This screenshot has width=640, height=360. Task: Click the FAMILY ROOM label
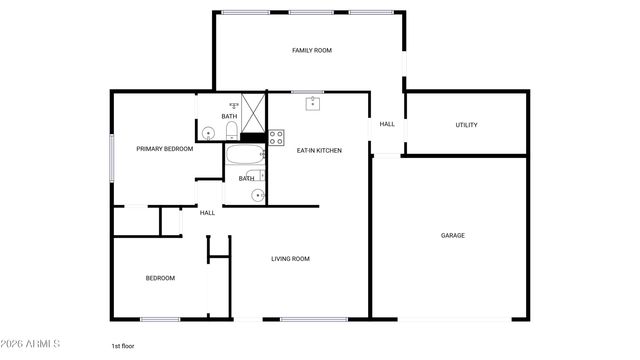click(x=311, y=50)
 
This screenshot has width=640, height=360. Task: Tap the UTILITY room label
click(x=466, y=125)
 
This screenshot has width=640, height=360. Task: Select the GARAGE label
click(x=452, y=236)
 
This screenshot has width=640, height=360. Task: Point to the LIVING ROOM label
click(x=290, y=259)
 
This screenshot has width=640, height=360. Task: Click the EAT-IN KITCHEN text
click(x=319, y=150)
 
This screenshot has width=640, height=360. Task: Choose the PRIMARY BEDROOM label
click(x=164, y=149)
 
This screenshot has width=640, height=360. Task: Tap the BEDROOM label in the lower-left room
click(x=160, y=278)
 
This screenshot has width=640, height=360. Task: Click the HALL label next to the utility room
click(x=387, y=125)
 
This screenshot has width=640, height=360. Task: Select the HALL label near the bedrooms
click(x=207, y=213)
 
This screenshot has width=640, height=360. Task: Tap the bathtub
click(x=244, y=155)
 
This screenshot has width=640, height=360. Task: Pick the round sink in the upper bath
click(x=209, y=132)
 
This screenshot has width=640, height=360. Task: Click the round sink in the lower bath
click(x=257, y=194)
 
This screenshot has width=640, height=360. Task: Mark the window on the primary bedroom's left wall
click(x=111, y=157)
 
